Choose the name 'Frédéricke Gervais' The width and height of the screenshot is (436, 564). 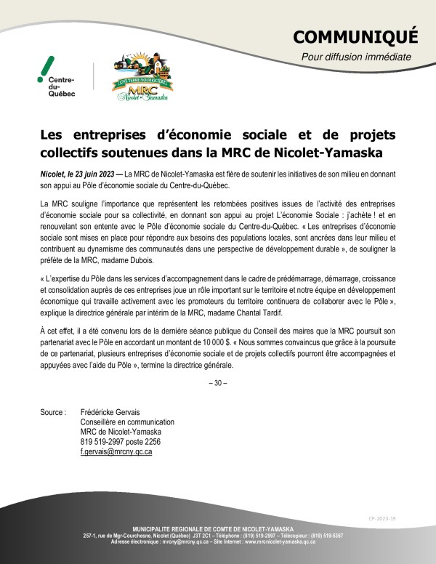click(x=110, y=412)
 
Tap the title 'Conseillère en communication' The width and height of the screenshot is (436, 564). click(x=127, y=422)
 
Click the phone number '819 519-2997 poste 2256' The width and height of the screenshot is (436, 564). click(x=120, y=441)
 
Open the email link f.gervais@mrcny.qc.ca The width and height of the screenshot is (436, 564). click(x=116, y=451)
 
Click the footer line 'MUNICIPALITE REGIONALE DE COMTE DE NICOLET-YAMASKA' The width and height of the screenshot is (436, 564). click(x=218, y=528)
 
